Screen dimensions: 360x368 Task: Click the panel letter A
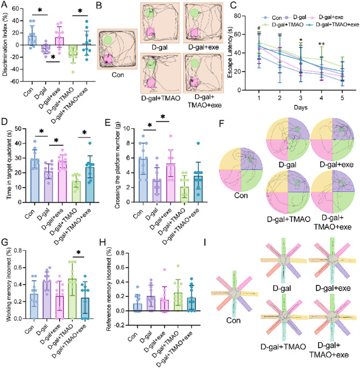tap(5, 4)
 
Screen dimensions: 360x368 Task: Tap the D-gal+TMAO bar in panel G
tap(73, 299)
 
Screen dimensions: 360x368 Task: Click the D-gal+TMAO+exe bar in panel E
tap(198, 189)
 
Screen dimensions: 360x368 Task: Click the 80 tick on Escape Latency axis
tap(238, 16)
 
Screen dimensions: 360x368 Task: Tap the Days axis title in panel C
tap(301, 107)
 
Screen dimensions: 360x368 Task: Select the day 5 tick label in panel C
tap(342, 98)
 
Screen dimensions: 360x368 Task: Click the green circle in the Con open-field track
tap(108, 40)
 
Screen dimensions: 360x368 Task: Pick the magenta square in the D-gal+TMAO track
tap(151, 84)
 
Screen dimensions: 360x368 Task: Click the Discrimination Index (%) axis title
tap(5, 44)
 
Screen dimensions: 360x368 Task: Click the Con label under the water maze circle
tap(241, 195)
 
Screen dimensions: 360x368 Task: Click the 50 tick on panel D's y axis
tap(18, 129)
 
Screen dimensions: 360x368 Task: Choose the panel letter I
tap(206, 242)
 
